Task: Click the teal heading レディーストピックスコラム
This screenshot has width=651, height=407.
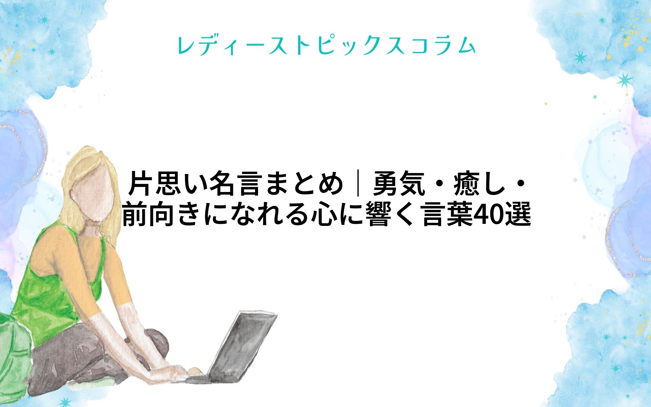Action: (x=326, y=45)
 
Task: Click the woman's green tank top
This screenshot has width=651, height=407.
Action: (x=51, y=292)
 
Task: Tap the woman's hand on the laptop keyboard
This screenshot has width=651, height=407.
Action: (x=176, y=371)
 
